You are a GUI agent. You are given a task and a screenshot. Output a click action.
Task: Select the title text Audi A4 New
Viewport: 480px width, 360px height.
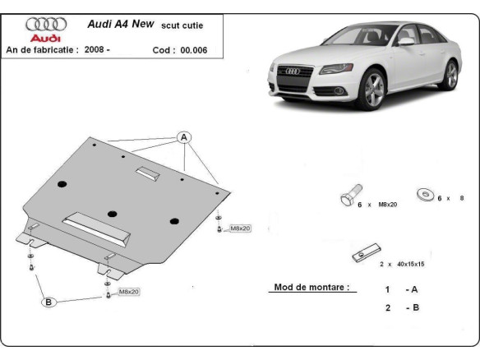click(x=118, y=25)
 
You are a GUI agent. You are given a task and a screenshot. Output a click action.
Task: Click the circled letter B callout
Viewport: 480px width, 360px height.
click(x=48, y=302)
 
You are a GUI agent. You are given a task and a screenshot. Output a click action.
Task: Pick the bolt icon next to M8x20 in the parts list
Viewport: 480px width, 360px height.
click(x=347, y=196)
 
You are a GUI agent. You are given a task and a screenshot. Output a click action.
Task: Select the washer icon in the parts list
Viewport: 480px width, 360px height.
click(x=426, y=194)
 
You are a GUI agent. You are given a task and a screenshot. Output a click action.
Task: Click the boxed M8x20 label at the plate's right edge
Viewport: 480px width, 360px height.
click(x=239, y=228)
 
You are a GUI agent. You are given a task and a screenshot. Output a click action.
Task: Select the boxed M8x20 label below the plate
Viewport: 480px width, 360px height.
click(x=128, y=292)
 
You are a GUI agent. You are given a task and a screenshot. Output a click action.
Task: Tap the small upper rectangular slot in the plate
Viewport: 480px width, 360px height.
click(x=150, y=173)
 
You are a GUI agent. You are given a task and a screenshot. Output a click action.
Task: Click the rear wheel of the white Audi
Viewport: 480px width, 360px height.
click(x=449, y=75)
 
